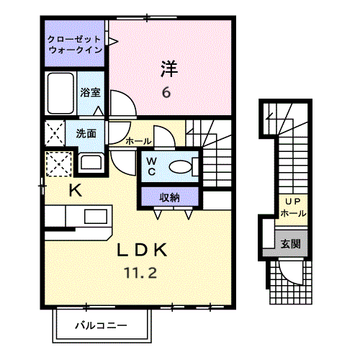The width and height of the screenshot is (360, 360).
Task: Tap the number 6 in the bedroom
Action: pos(166,93)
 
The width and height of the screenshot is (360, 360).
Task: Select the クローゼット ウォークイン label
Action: pos(75,45)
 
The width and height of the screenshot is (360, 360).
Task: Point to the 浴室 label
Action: pos(90,92)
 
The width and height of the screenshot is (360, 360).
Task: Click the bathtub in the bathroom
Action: pos(60,91)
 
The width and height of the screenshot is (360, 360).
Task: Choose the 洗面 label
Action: pos(86,133)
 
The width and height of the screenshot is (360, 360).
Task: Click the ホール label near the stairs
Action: pos(138,141)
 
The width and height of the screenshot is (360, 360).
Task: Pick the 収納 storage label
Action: pos(169,196)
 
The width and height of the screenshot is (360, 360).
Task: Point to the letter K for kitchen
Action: pos(75,190)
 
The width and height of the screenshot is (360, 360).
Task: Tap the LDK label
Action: pos(143,250)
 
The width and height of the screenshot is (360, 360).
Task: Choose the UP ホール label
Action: pos(292,208)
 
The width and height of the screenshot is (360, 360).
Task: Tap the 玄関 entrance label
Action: pos(291,244)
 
